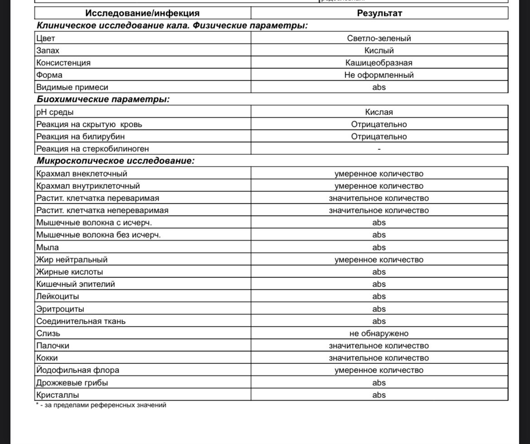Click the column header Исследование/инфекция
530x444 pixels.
pos(142,13)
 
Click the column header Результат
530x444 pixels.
pos(379,13)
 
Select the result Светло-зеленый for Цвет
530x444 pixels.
pos(379,38)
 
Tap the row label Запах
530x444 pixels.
pos(48,51)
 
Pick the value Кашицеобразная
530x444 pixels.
pos(379,63)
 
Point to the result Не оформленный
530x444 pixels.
pos(379,75)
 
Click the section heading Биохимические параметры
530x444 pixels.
pos(103,100)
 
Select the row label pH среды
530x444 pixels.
pos(55,112)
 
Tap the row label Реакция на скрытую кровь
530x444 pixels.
pos(92,124)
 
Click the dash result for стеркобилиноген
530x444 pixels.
pos(379,149)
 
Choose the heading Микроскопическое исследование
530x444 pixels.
pos(116,161)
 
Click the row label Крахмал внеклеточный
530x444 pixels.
pos(82,174)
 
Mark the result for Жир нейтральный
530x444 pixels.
pos(379,260)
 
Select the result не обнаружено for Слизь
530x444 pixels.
pos(379,334)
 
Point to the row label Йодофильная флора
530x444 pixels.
pos(78,370)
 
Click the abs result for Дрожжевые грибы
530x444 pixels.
pos(379,383)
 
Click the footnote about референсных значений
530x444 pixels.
pos(101,406)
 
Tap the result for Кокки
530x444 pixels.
pos(379,358)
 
